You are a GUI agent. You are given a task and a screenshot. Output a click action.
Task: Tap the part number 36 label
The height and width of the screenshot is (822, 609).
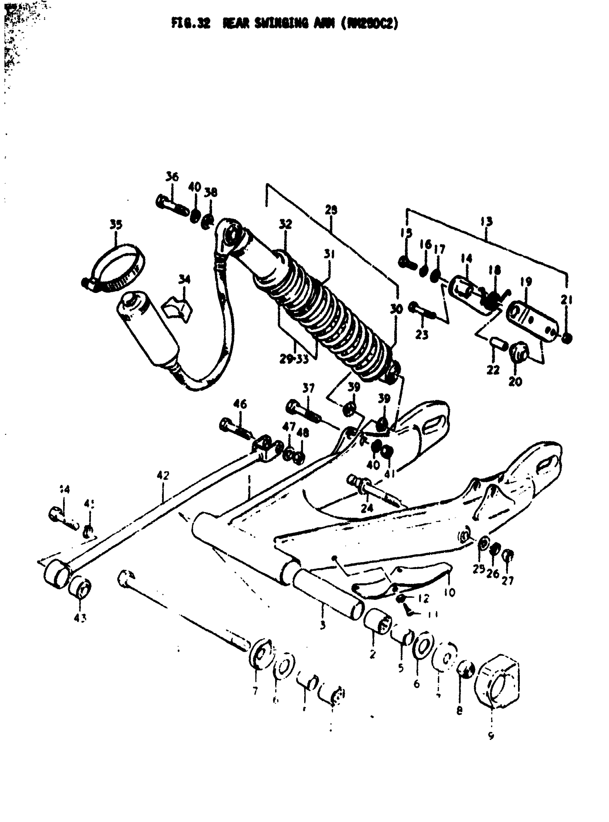click(172, 177)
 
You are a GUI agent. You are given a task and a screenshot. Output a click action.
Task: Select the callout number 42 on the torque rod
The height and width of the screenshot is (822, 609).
click(163, 476)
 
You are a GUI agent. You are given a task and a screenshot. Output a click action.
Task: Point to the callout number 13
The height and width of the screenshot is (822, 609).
click(486, 222)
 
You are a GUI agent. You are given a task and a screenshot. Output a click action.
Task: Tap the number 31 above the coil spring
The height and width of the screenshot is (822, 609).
click(329, 254)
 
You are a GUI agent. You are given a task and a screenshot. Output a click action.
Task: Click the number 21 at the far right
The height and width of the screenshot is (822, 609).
click(567, 301)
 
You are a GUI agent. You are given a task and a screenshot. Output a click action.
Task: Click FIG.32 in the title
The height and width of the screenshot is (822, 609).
click(191, 24)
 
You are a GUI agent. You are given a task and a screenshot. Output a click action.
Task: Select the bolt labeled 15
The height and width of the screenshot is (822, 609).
click(407, 263)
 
